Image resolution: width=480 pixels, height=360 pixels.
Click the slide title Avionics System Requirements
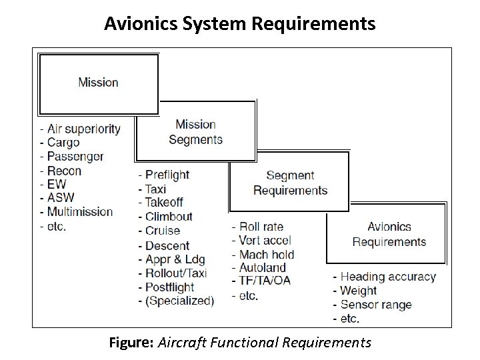tap(240, 24)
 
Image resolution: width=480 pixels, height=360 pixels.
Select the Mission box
tap(99, 83)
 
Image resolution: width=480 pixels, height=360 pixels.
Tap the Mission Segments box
tap(195, 131)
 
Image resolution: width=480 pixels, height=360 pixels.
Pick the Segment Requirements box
tap(289, 182)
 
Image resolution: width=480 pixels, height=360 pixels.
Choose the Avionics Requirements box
tap(389, 234)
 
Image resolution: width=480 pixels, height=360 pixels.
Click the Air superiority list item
tap(81, 129)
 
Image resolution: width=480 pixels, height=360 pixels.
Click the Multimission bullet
tap(77, 212)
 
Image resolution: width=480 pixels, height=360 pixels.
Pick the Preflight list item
tap(164, 175)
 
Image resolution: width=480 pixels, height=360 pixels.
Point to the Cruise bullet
tap(159, 231)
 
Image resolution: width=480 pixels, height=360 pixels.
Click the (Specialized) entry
tap(177, 301)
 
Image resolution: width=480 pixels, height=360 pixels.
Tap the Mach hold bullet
tap(263, 254)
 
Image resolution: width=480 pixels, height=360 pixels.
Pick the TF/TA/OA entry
tap(261, 281)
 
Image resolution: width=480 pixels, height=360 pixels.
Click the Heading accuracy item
tap(383, 276)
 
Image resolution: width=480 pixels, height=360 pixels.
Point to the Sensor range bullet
tap(372, 305)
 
